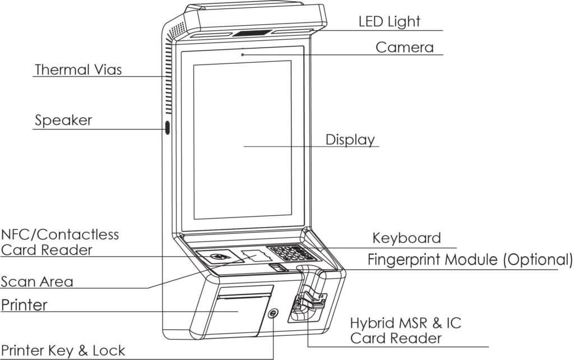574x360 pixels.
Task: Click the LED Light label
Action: coord(389,22)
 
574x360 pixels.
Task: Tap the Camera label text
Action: coord(404,47)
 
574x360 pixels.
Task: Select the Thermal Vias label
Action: coord(78,70)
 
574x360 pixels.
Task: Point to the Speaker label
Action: coord(63,120)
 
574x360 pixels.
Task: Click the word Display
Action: coord(350,139)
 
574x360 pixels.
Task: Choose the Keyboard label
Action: coord(406,238)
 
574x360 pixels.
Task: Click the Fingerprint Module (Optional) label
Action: coord(470,260)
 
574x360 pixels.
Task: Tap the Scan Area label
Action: coord(37,281)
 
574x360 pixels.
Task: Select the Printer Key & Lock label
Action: coord(63,351)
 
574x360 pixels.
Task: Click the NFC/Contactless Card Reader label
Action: coord(60,242)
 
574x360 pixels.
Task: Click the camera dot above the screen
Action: coord(242,54)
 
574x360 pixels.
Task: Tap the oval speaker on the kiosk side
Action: coord(166,127)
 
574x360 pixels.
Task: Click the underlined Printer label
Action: coord(24,305)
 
